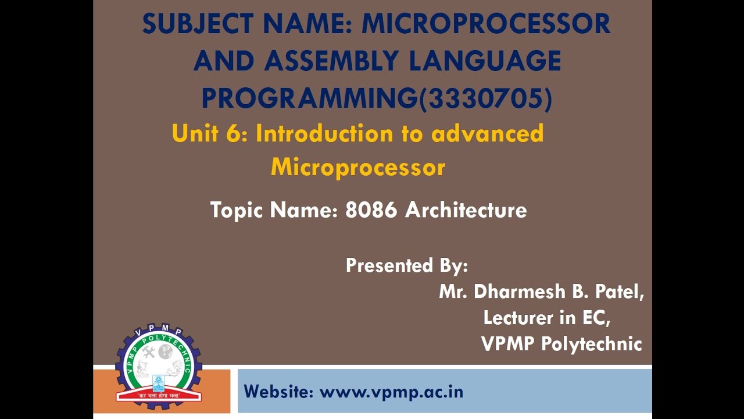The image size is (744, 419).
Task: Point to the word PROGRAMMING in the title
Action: click(x=309, y=98)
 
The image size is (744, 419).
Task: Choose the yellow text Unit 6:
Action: click(x=210, y=134)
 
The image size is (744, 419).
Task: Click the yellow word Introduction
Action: click(x=324, y=134)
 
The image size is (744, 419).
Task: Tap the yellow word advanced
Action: click(x=487, y=134)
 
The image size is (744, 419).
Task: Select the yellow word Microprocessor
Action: click(x=357, y=168)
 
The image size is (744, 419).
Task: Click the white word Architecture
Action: click(x=466, y=210)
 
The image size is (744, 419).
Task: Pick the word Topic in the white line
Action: click(x=237, y=210)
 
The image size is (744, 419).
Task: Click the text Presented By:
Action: click(x=407, y=265)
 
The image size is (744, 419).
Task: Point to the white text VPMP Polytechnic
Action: click(x=561, y=344)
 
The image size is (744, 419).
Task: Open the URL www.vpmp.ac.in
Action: click(x=391, y=392)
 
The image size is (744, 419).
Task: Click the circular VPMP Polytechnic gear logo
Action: click(x=158, y=364)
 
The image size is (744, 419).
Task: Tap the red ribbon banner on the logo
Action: click(x=158, y=396)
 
